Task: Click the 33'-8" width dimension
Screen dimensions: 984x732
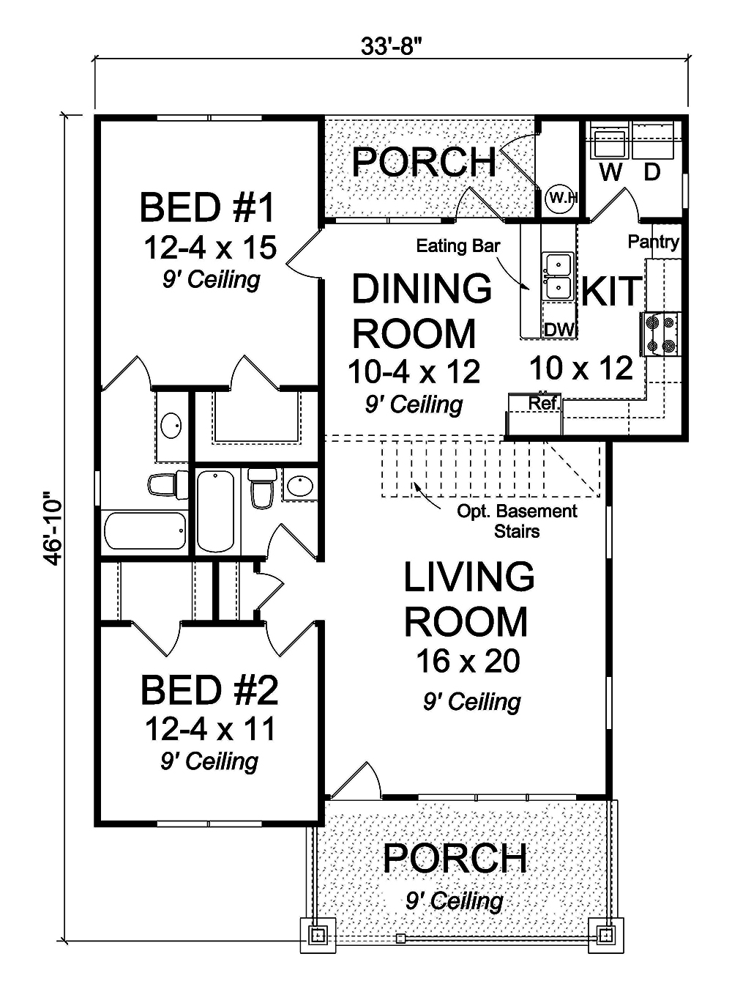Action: (392, 45)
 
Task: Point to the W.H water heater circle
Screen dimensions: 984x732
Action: (561, 198)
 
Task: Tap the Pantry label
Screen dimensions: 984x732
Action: (653, 242)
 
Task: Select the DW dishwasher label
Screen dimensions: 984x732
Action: (560, 330)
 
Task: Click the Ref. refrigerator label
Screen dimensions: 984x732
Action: (544, 403)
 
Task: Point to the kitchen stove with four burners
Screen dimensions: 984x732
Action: (660, 334)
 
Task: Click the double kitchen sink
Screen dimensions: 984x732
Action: (557, 275)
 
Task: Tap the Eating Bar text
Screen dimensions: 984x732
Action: (457, 245)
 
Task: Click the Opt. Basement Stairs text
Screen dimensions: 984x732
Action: (517, 521)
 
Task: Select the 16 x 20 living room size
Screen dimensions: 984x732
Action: (468, 661)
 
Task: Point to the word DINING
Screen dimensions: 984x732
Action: (422, 289)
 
